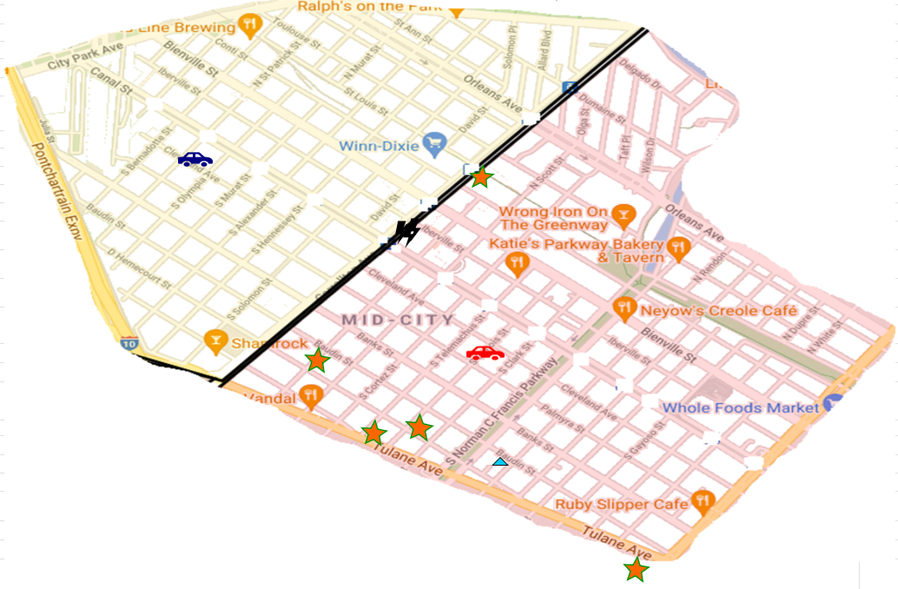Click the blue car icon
tap(195, 159)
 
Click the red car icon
tap(485, 353)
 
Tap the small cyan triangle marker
tap(499, 461)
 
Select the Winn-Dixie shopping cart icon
tap(433, 143)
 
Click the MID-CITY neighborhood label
tap(397, 320)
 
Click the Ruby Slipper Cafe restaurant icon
tap(703, 501)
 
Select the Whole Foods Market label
tap(740, 407)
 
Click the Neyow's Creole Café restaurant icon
tap(624, 308)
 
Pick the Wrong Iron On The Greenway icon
tap(623, 214)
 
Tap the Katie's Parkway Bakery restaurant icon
tap(518, 262)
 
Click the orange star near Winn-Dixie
tap(481, 177)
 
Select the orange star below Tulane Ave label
tap(636, 570)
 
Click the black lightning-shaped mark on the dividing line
tap(405, 232)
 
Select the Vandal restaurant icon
tap(311, 396)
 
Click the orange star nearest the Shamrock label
tap(318, 360)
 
